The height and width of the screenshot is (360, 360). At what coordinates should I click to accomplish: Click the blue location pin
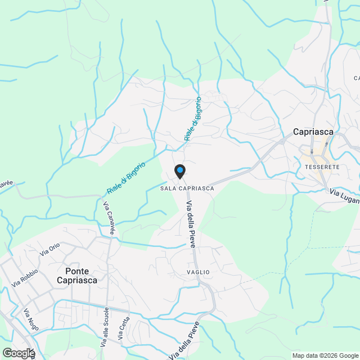[x=179, y=170]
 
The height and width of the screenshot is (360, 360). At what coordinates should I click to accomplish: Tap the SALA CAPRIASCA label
[x=187, y=188]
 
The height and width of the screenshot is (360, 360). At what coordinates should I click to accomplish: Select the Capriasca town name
[x=313, y=132]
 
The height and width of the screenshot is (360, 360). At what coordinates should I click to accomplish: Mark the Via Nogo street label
[x=30, y=319]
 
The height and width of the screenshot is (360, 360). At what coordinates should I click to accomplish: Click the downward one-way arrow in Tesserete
[x=312, y=151]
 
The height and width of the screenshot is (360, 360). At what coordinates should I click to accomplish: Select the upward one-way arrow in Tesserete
[x=326, y=145]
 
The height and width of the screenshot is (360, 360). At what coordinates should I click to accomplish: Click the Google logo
[x=19, y=353]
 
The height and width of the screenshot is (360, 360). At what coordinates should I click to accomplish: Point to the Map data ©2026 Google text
[x=325, y=355]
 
